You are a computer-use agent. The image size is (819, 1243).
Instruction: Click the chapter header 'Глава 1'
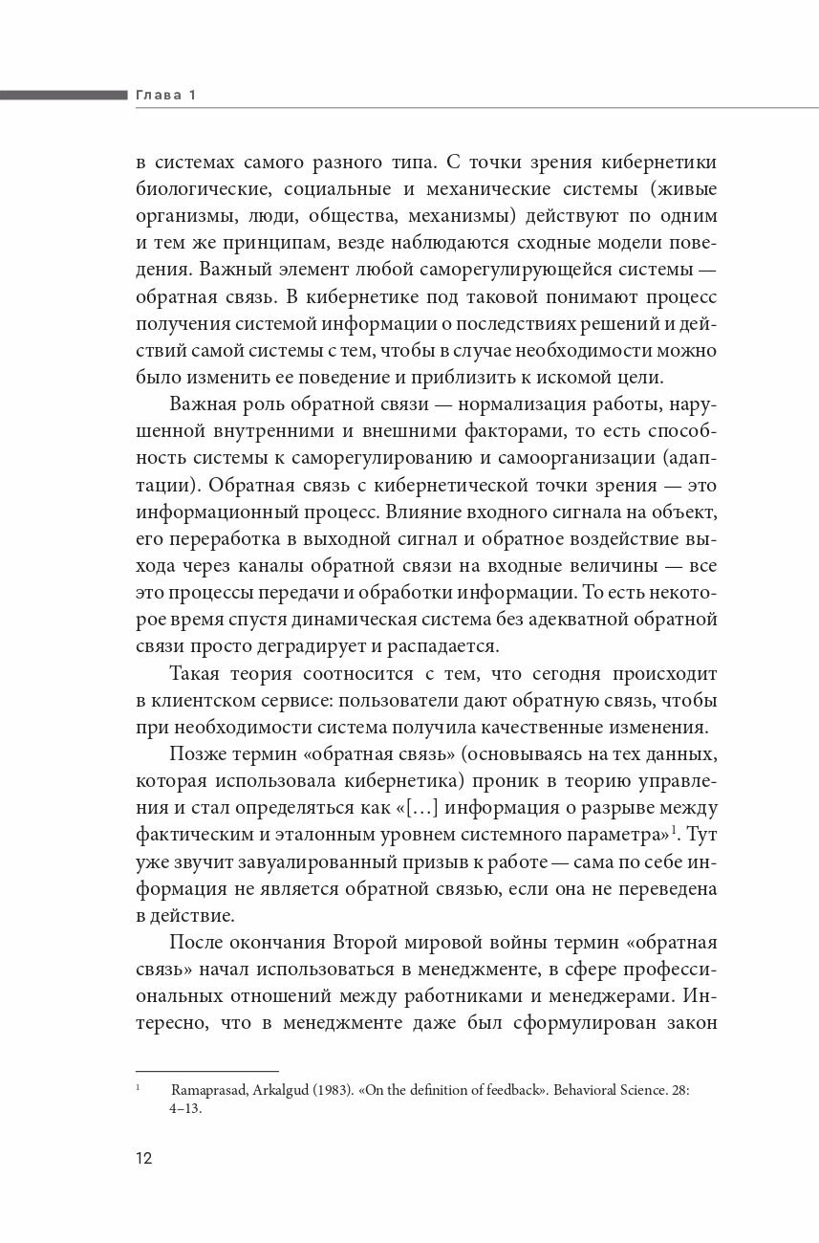[x=164, y=95]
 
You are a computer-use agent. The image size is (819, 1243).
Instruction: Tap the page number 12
[x=144, y=1159]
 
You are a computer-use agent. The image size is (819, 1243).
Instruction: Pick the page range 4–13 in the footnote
[x=185, y=1109]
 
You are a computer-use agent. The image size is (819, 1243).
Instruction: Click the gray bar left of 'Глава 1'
[x=63, y=95]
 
